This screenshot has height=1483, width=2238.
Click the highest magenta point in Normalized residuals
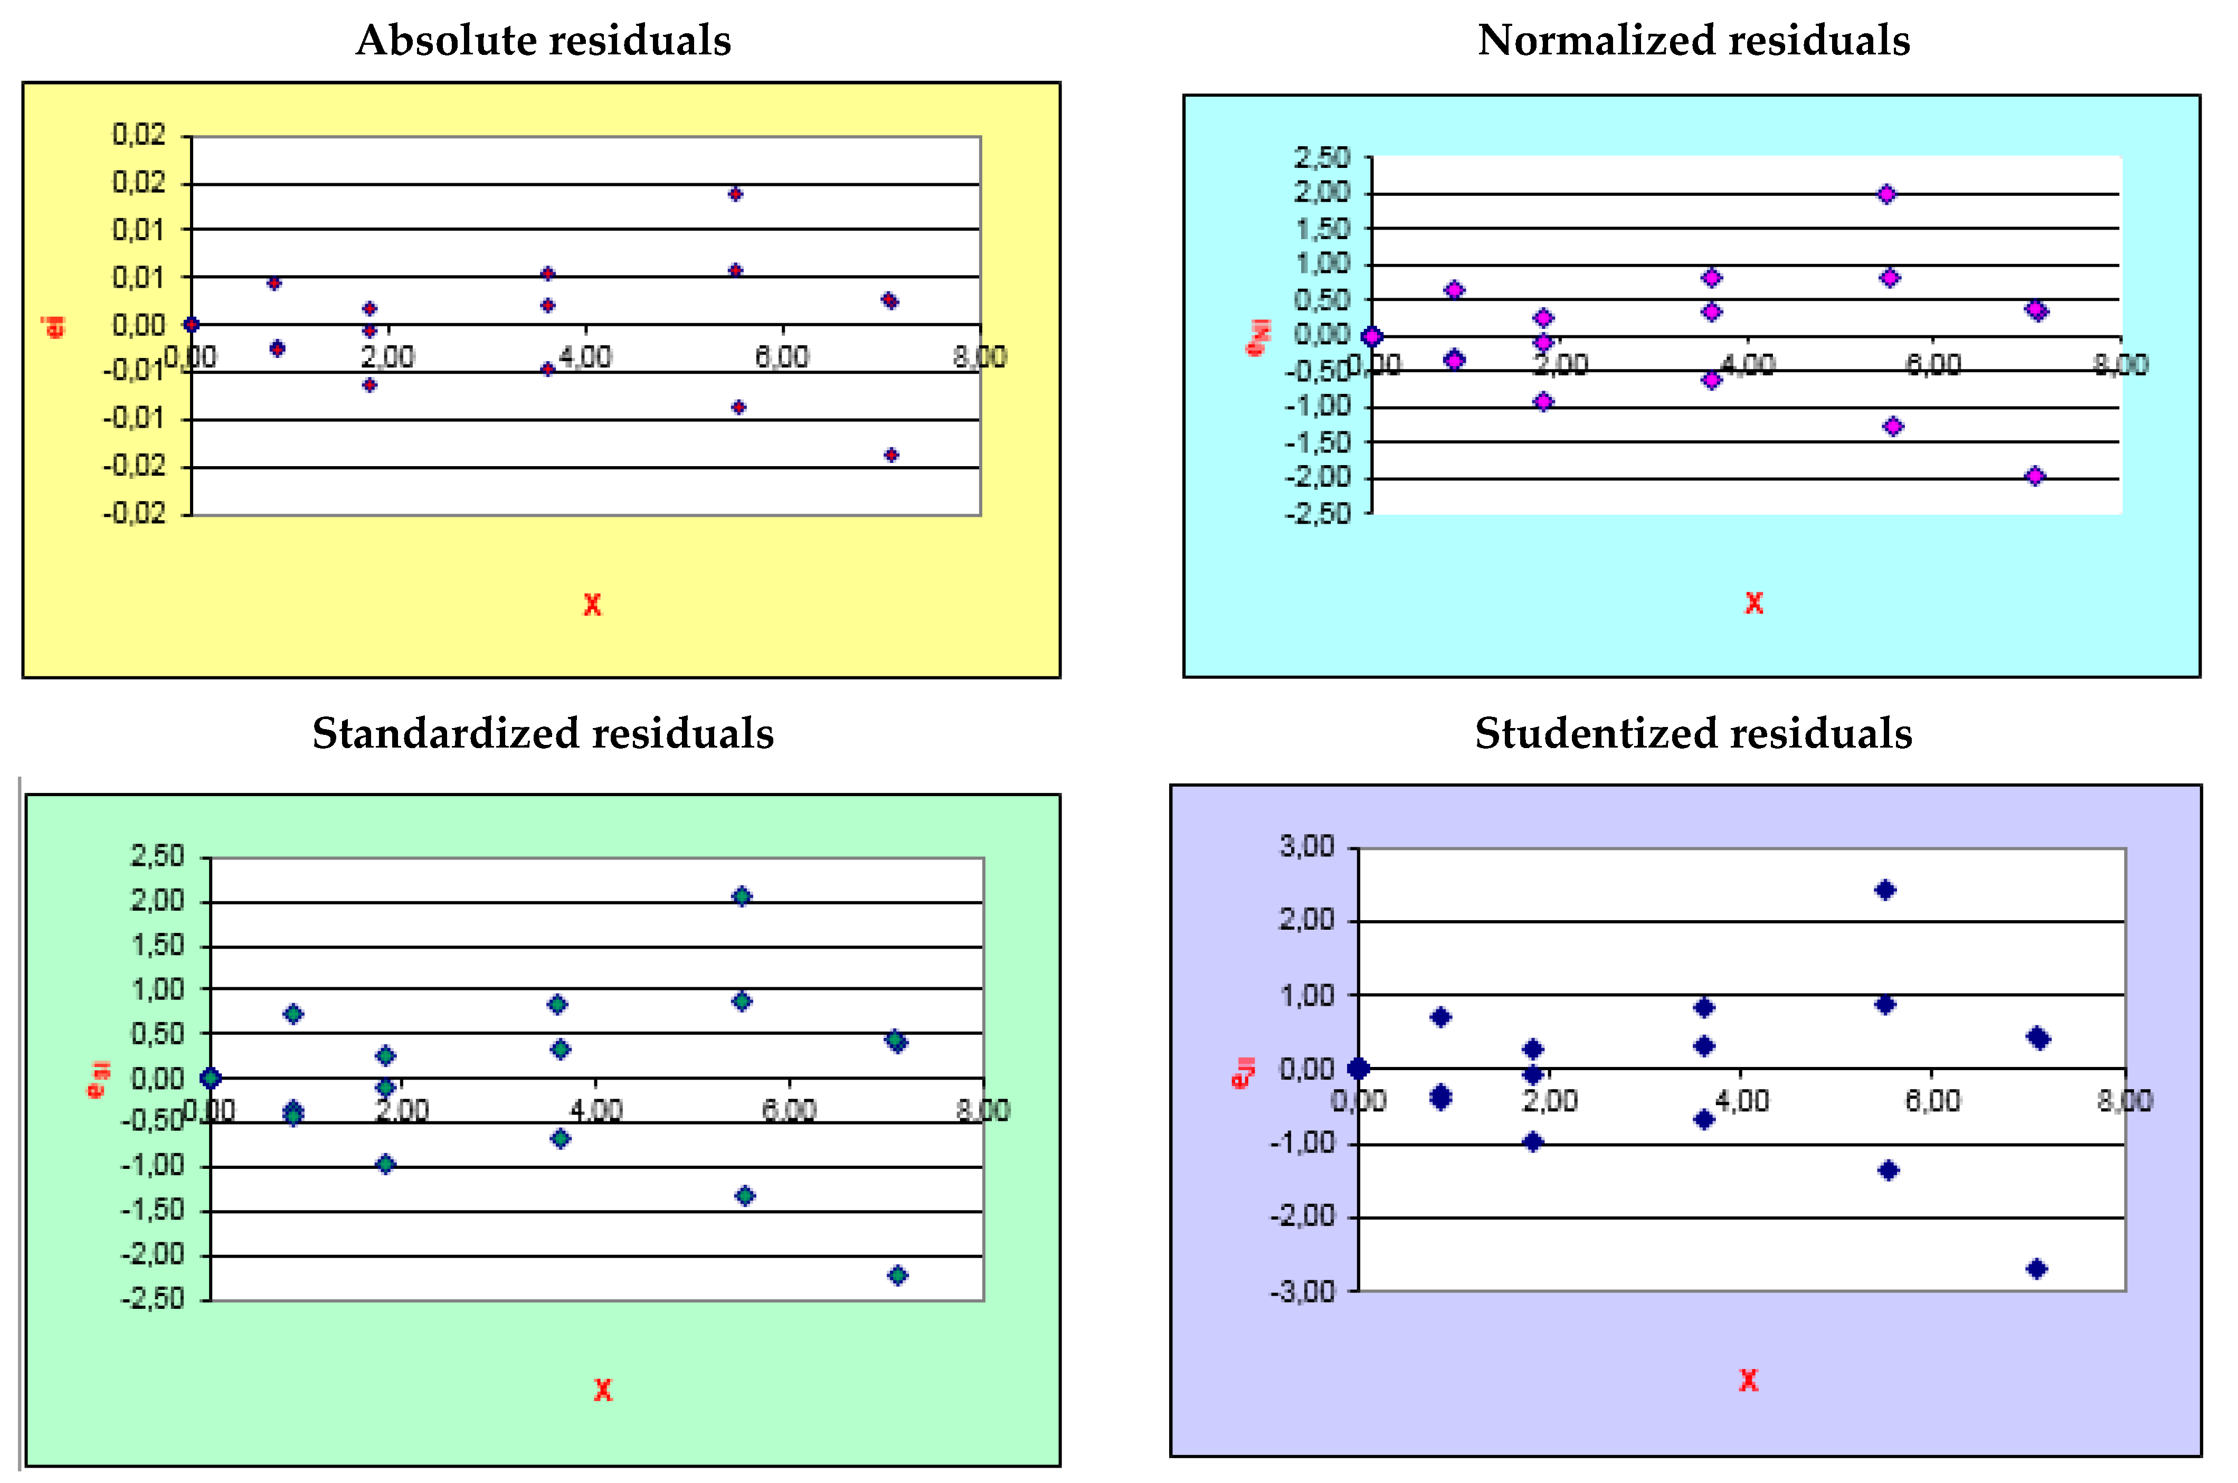pos(1886,194)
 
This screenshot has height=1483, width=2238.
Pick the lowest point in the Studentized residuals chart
pos(2036,1268)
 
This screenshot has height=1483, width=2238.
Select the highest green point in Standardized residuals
pos(742,896)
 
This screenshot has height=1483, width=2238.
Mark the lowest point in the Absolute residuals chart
pos(890,455)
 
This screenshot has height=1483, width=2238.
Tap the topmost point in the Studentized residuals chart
pos(1885,889)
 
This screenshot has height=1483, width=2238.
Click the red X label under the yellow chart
pos(592,604)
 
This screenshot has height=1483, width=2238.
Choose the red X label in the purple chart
pos(1748,1380)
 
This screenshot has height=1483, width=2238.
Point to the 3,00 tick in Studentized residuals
pos(1307,846)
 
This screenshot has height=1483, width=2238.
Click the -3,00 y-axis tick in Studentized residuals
pos(1301,1291)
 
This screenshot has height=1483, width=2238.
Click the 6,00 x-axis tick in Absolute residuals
pos(782,356)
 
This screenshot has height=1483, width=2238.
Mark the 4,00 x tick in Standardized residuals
pos(596,1109)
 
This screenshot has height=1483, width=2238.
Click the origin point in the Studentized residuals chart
pos(1358,1068)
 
